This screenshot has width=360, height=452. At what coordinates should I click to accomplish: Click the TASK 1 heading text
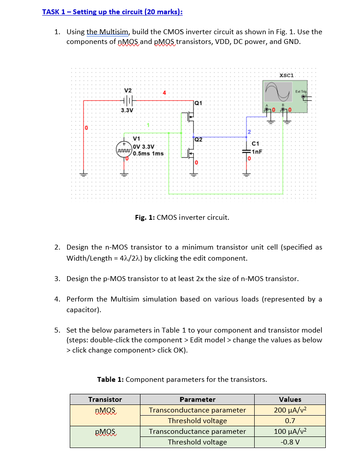click(112, 12)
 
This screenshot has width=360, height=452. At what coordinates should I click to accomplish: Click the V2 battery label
click(128, 91)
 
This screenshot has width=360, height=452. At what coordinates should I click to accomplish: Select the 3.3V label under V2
click(128, 110)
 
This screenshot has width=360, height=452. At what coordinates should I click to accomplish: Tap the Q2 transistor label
click(198, 139)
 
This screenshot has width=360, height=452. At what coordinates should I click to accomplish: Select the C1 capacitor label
click(256, 143)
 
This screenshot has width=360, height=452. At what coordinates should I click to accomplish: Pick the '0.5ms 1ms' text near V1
click(148, 153)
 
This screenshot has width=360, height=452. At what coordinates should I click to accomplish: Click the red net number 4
click(164, 93)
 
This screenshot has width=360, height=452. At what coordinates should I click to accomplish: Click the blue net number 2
click(249, 132)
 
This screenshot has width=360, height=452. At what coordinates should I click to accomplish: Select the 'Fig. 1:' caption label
click(144, 217)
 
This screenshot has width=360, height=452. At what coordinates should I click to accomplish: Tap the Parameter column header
click(197, 399)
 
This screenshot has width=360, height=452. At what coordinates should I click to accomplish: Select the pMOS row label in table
click(105, 431)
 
